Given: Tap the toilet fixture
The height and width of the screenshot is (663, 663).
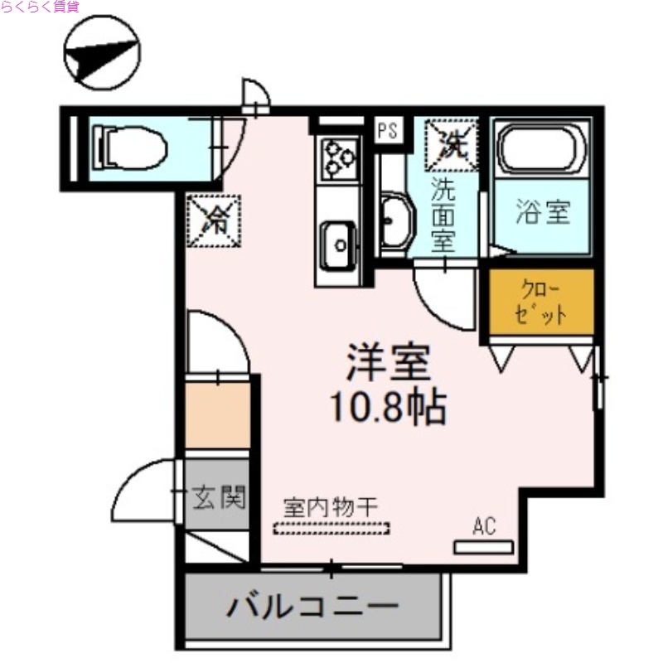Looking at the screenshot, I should point(131,148).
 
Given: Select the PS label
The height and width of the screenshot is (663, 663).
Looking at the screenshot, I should point(387,131).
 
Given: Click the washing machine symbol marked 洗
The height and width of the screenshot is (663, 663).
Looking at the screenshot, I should point(452,144).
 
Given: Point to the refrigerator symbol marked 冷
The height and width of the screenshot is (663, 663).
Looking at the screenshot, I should point(213,220).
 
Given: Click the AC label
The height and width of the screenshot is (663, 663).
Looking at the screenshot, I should point(484,525).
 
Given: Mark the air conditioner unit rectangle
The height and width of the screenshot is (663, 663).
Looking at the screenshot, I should point(483,547).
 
